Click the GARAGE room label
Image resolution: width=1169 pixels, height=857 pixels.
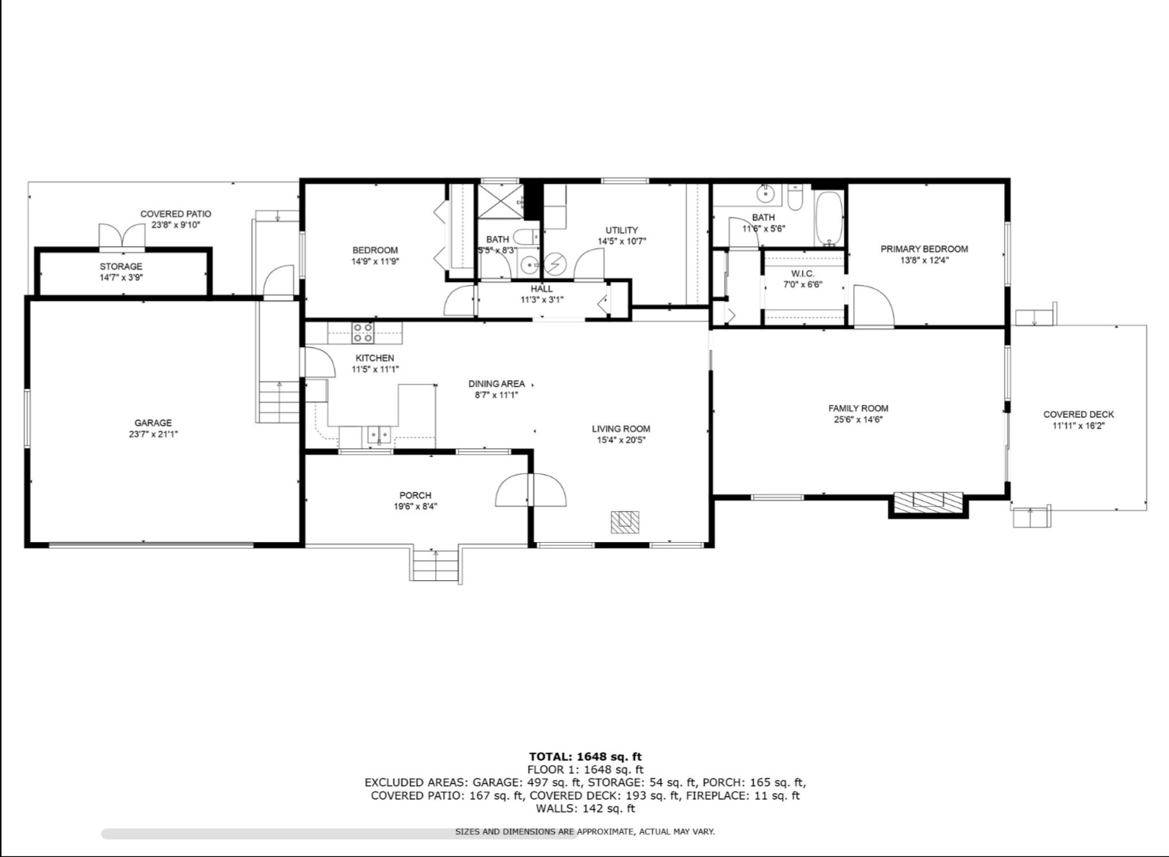153,423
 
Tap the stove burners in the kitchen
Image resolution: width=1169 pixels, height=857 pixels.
363,333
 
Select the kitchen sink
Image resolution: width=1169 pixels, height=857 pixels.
379,435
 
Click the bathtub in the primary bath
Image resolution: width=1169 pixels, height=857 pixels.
829,218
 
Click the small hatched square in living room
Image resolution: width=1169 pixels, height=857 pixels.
626,522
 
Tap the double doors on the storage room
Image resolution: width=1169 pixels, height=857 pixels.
122,235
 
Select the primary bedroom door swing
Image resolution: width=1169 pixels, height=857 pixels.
874,306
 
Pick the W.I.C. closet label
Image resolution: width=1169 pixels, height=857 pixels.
803,273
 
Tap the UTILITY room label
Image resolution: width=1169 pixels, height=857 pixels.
622,230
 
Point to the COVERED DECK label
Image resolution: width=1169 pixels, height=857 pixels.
1079,415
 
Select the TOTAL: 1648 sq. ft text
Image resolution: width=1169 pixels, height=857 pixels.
585,756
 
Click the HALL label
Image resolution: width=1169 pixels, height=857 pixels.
542,289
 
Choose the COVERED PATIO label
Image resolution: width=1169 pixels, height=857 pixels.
176,214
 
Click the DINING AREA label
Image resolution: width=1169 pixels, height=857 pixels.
497,384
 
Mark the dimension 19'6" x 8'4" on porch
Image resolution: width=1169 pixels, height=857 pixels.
415,506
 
